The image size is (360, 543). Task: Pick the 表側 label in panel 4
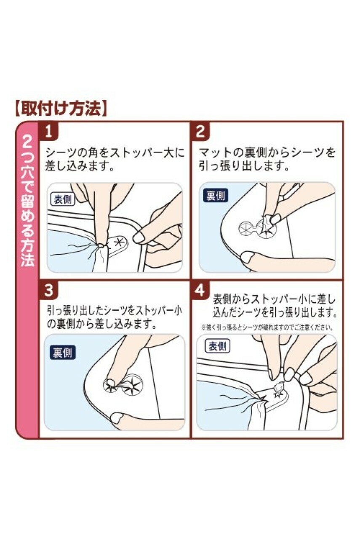pos(217,346)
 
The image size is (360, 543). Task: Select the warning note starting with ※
pos(267,328)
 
